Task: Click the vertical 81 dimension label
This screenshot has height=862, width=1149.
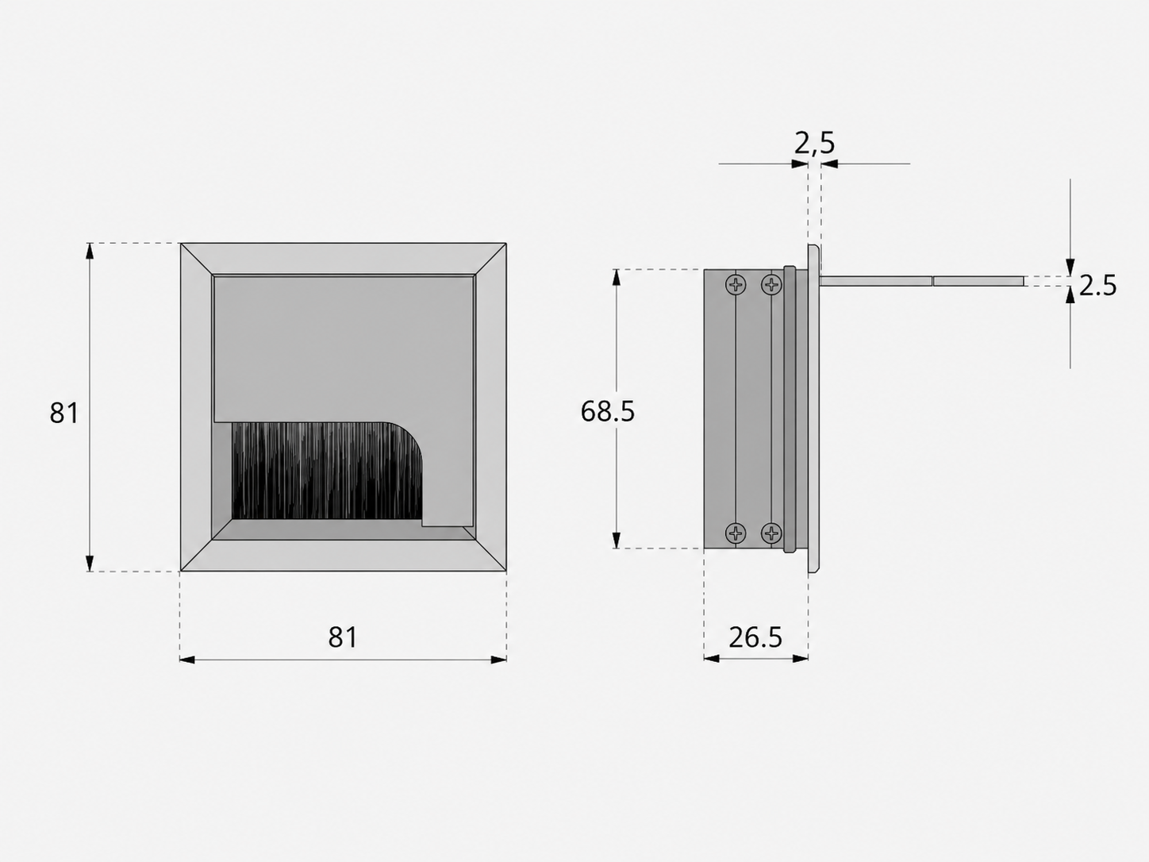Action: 63,413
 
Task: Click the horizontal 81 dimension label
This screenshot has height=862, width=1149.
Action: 343,637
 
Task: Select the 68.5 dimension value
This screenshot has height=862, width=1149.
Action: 607,411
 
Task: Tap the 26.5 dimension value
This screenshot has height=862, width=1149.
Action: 755,637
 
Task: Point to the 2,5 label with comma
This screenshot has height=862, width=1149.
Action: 814,143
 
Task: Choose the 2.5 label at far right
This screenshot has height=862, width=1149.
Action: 1097,286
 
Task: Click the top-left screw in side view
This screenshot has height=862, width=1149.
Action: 736,285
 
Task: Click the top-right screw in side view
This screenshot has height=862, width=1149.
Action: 771,285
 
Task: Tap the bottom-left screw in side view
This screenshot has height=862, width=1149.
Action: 736,533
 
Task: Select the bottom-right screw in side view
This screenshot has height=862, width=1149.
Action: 771,533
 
